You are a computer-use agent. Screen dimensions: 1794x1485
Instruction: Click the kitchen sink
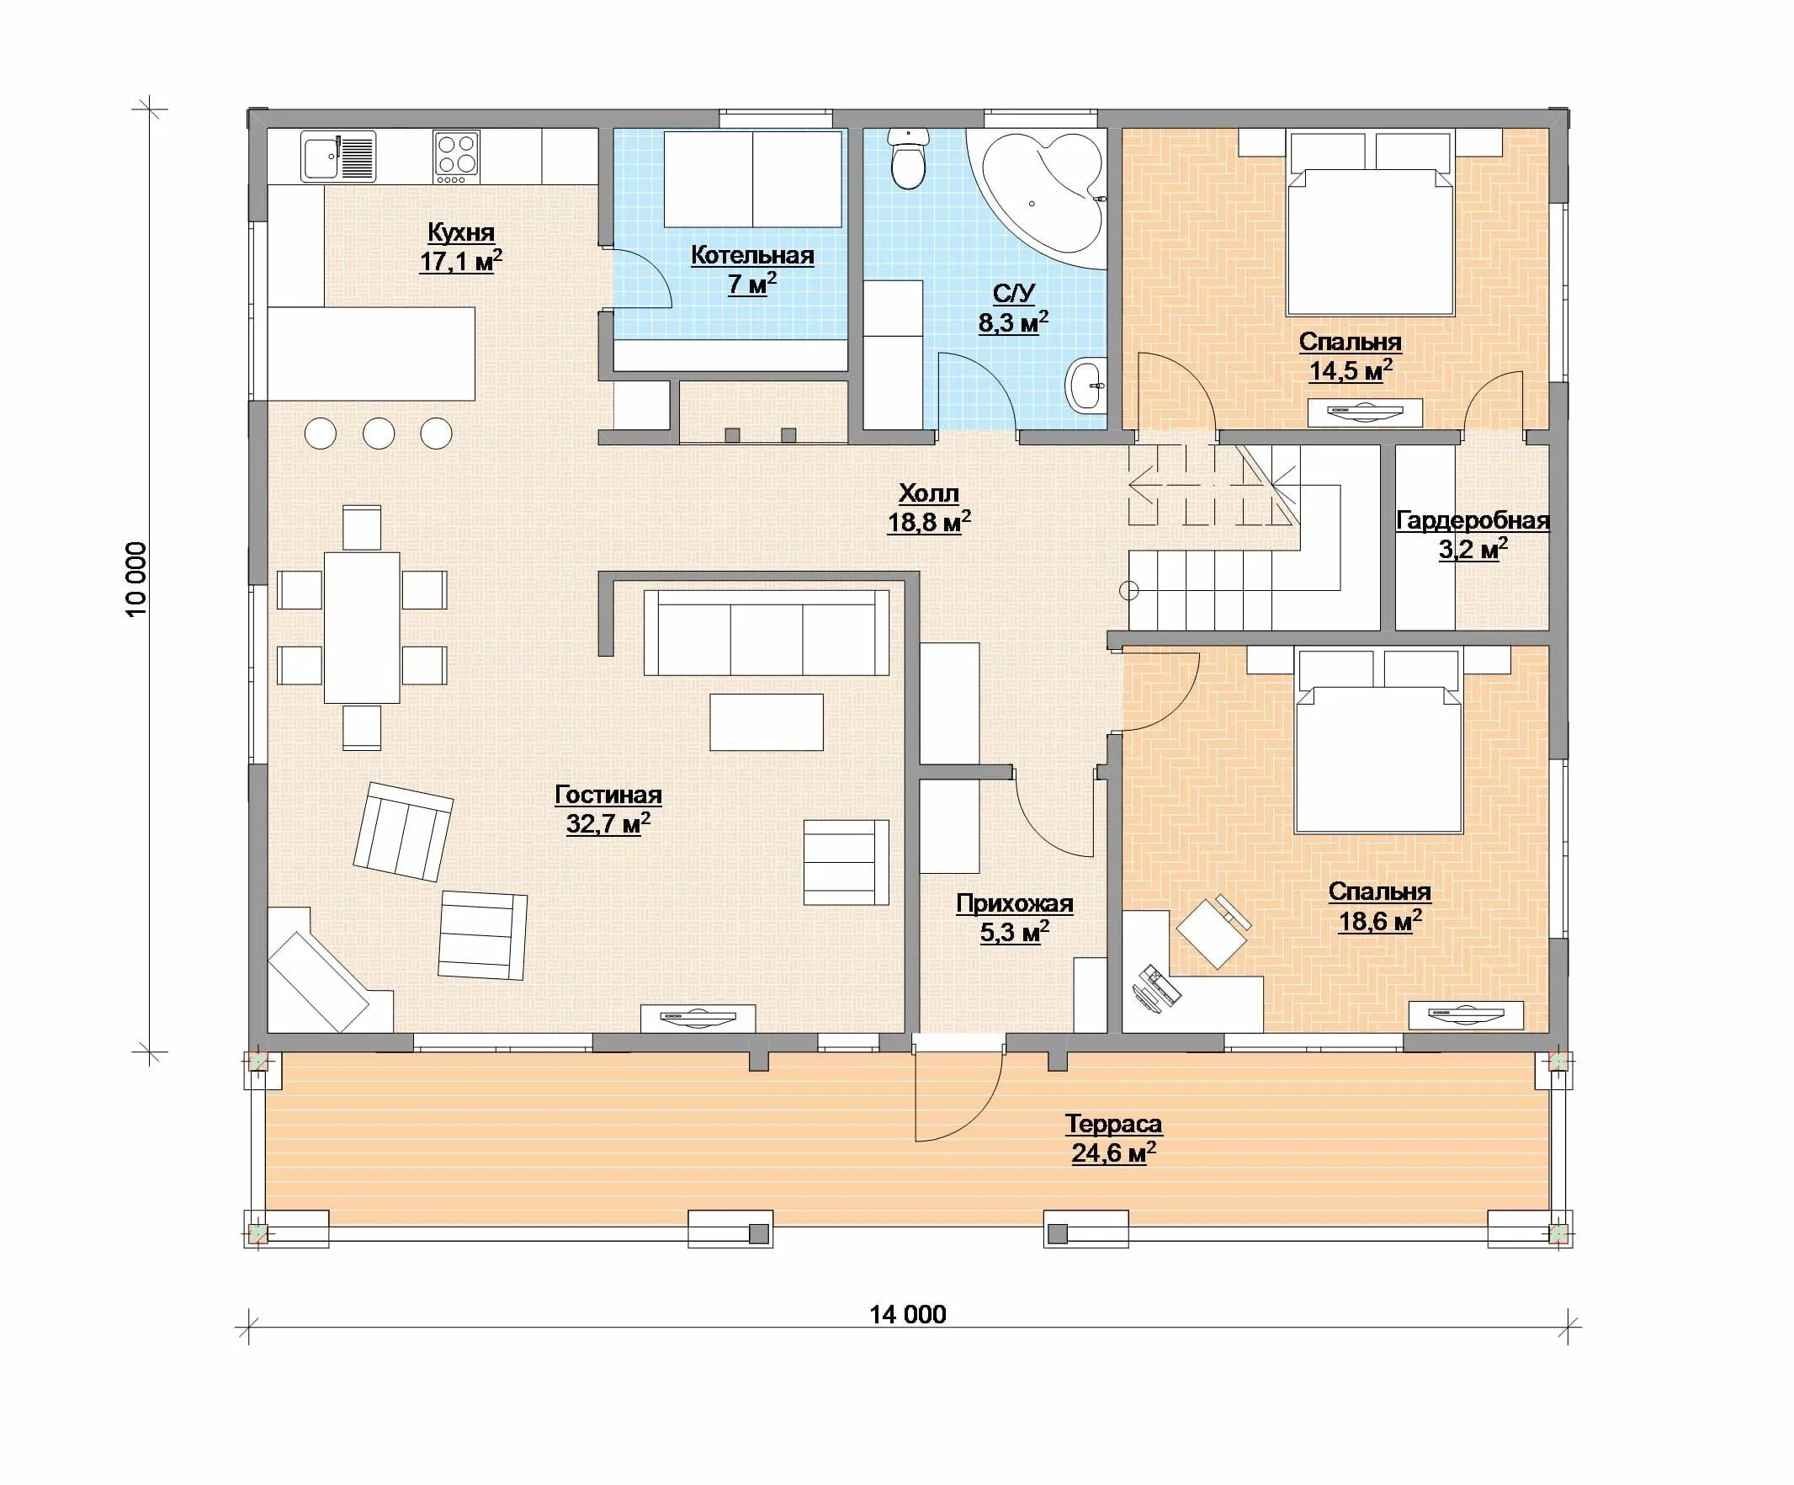[x=337, y=157]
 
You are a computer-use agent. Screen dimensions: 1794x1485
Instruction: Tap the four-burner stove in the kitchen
[x=456, y=157]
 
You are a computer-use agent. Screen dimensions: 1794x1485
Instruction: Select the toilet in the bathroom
[x=907, y=159]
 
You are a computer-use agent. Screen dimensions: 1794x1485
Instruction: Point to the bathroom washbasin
[x=1085, y=387]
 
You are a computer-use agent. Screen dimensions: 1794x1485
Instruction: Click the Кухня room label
[x=460, y=232]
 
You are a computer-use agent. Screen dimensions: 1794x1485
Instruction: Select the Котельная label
[x=751, y=254]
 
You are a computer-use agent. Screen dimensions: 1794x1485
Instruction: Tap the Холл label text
[x=929, y=493]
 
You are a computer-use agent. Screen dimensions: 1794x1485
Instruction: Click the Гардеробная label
[x=1473, y=520]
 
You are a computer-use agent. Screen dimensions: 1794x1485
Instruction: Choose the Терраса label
[x=1113, y=1124]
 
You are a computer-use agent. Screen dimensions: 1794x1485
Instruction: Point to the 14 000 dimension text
[x=907, y=1313]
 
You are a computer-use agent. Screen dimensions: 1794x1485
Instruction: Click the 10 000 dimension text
[x=136, y=579]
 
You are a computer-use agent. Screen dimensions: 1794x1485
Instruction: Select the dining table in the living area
[x=361, y=627]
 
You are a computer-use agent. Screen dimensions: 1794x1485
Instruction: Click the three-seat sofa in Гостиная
[x=767, y=632]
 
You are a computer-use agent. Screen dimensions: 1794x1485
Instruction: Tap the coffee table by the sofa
[x=767, y=722]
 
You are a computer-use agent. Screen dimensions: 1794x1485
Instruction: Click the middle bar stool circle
[x=379, y=434]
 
